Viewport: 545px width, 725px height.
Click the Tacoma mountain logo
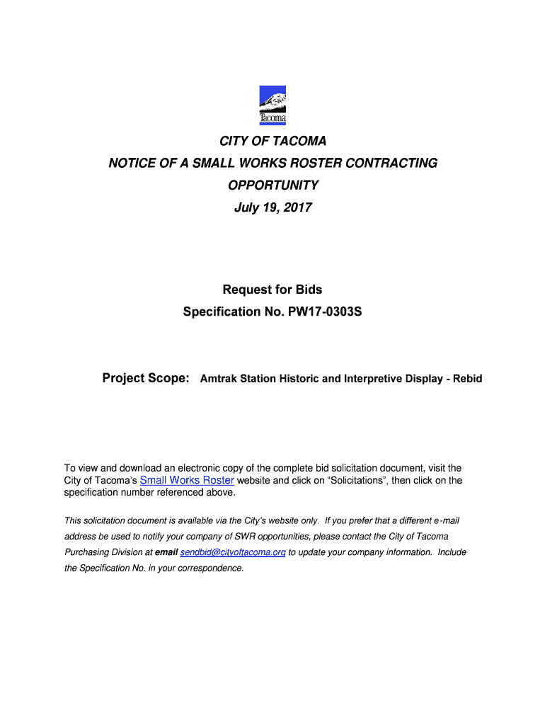click(272, 104)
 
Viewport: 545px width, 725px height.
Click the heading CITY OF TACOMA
click(272, 141)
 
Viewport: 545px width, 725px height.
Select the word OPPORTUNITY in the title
click(272, 185)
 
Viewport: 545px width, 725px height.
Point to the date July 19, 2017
click(272, 207)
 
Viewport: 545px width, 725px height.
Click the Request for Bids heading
click(272, 289)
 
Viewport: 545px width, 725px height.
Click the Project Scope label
click(146, 378)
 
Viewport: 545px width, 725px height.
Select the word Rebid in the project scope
click(468, 379)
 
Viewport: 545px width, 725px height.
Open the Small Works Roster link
click(187, 480)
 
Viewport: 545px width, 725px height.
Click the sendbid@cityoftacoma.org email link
click(233, 552)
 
